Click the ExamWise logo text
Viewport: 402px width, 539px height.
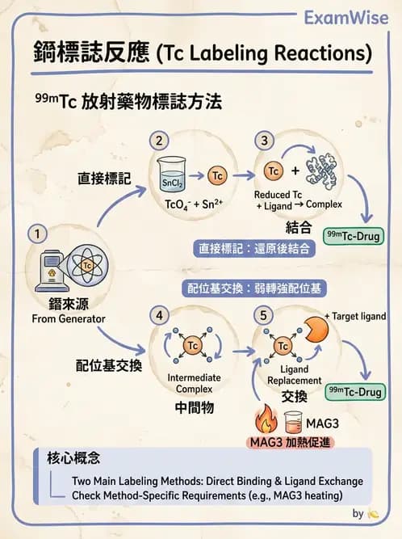coord(347,17)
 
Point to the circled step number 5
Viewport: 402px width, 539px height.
coord(264,315)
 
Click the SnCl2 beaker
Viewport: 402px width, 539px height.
coord(171,178)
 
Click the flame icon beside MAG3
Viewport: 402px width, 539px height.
coord(265,420)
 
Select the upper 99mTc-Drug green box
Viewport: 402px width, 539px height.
coord(353,236)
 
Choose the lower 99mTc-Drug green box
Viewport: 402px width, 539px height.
coord(353,392)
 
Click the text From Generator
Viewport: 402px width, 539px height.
coord(69,318)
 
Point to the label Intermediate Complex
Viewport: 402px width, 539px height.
coord(194,383)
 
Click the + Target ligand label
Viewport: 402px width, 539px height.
coord(354,316)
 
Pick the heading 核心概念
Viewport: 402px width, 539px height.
coord(73,459)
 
